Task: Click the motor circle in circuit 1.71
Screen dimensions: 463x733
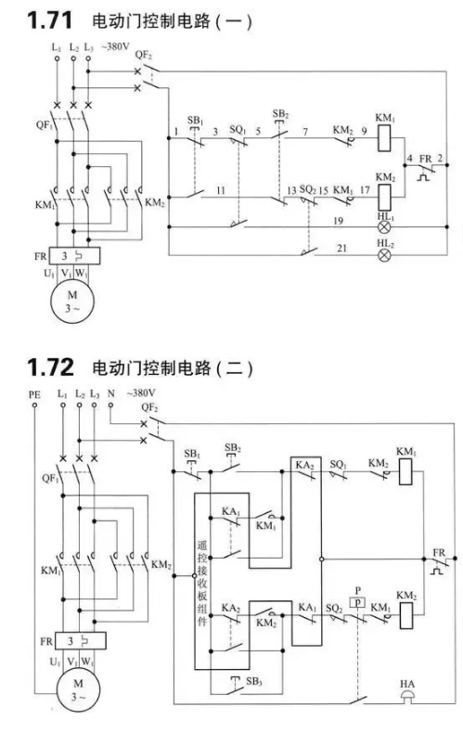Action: (x=72, y=302)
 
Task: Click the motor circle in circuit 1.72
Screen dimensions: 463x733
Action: (x=78, y=689)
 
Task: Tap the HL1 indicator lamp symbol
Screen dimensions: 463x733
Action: (x=384, y=227)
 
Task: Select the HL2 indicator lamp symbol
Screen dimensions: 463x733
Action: (x=384, y=255)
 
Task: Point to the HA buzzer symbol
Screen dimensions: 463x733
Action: (x=408, y=697)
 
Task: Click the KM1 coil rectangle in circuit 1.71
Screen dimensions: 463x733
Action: (x=384, y=138)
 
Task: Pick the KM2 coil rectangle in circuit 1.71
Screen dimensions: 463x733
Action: (x=384, y=198)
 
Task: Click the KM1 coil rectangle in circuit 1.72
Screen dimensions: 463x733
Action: (x=405, y=471)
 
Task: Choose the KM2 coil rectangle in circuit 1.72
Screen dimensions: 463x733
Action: (x=405, y=615)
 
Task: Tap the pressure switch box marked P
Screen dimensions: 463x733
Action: (x=358, y=602)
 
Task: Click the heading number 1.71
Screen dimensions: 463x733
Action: (x=49, y=20)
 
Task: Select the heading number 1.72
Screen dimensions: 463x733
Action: (x=50, y=367)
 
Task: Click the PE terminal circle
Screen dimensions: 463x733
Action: (x=34, y=405)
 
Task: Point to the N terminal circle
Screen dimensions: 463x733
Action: (x=110, y=405)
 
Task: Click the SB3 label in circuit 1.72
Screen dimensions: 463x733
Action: (x=254, y=681)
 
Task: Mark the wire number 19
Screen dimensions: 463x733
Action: (x=338, y=221)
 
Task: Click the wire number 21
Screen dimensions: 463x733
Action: (x=341, y=249)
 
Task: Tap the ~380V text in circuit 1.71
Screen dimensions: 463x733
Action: (x=115, y=46)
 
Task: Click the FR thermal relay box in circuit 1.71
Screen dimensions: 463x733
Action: (x=74, y=256)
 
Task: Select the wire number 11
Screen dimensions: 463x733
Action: (x=221, y=190)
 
